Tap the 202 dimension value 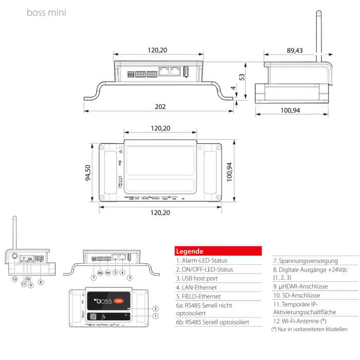(160, 107)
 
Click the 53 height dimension (242, 77)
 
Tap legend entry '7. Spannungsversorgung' (305, 261)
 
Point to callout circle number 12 (15, 279)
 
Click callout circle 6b (100, 273)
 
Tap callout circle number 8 (41, 282)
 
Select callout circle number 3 (130, 277)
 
